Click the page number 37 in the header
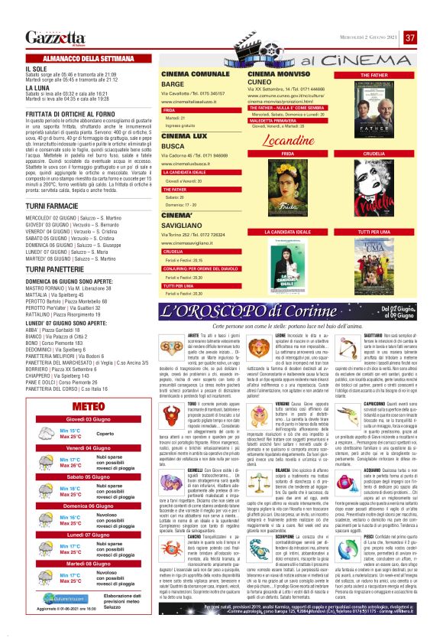point(410,37)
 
